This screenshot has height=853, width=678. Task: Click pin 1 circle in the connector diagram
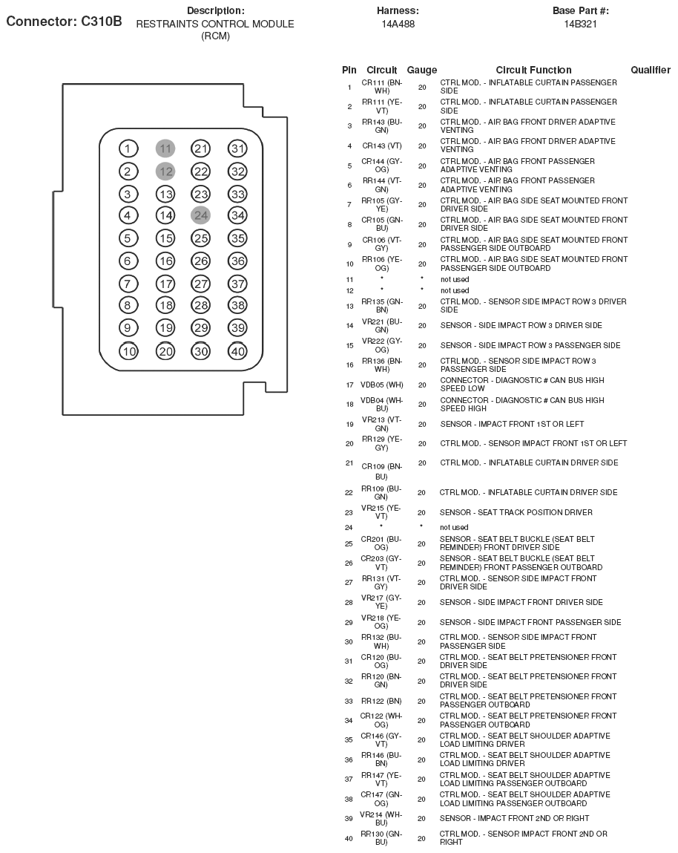128,148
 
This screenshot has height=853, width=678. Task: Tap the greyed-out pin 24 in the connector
201,215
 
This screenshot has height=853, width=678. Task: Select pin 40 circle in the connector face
237,351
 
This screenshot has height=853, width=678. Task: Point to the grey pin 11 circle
165,148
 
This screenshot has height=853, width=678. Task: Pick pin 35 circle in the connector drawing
237,238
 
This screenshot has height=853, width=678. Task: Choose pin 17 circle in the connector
165,284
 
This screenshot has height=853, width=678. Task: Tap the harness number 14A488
398,24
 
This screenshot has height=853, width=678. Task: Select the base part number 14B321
580,24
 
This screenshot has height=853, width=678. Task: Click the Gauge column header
422,70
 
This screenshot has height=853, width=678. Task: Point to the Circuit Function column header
533,70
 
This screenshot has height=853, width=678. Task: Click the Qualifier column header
651,70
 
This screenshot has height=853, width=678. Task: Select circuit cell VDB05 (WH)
382,385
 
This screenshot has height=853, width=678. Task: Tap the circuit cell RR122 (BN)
382,701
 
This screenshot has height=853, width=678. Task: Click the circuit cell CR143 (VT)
382,146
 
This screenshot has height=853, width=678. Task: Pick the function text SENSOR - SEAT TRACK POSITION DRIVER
516,512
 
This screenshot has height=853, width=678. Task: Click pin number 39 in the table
349,818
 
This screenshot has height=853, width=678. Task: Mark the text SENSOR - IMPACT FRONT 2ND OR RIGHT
514,818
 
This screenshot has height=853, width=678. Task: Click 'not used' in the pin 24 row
455,527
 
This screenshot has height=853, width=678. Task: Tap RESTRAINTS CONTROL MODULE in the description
215,24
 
